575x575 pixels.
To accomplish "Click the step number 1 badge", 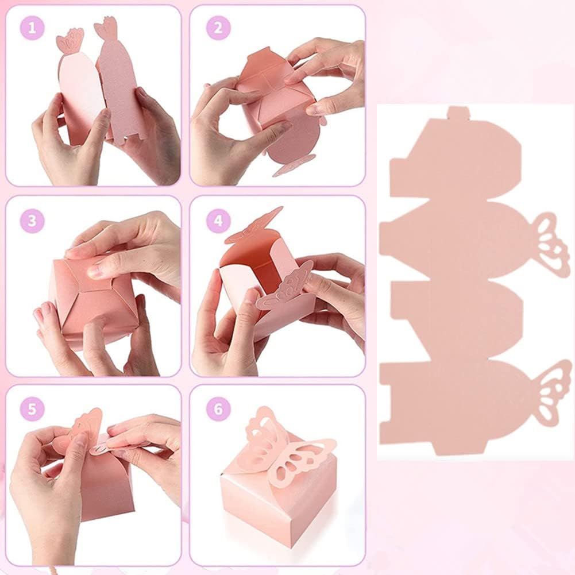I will tap(32, 28).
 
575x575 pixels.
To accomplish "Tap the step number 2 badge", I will tap(218, 28).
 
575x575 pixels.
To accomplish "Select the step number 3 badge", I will tap(32, 221).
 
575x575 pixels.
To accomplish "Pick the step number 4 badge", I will tap(218, 221).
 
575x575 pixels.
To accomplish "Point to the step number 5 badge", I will tap(32, 409).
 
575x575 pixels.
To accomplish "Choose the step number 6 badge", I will tap(218, 409).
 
